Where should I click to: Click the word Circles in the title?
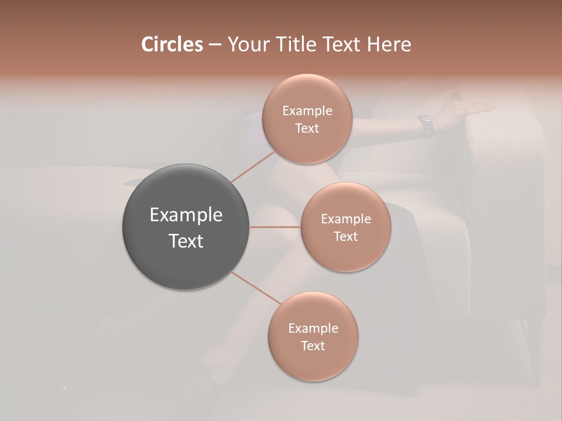pyautogui.click(x=172, y=44)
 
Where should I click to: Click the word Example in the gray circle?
pyautogui.click(x=186, y=215)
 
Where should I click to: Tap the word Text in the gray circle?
pyautogui.click(x=186, y=241)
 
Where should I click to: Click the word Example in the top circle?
pyautogui.click(x=307, y=111)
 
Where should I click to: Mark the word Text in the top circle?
pyautogui.click(x=307, y=128)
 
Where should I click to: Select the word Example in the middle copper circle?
pyautogui.click(x=346, y=219)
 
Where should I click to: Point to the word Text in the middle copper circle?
pyautogui.click(x=345, y=236)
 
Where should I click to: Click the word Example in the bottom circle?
pyautogui.click(x=313, y=328)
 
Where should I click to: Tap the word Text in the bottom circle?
pyautogui.click(x=313, y=346)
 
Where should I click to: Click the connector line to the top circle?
pyautogui.click(x=253, y=167)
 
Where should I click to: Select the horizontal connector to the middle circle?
pyautogui.click(x=275, y=226)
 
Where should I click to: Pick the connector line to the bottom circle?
pyautogui.click(x=256, y=288)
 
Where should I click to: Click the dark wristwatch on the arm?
pyautogui.click(x=426, y=126)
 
